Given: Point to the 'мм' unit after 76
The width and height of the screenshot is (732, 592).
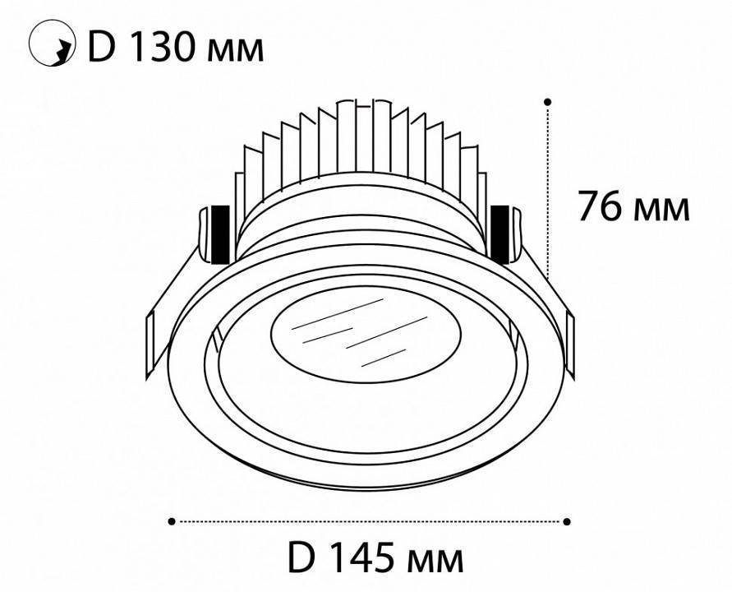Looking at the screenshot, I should [663, 210].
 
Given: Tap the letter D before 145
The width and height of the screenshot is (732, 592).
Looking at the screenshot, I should [302, 559].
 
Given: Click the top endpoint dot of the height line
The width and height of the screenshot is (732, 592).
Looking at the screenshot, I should [548, 103].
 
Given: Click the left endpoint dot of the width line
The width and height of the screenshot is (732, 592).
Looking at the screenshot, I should [171, 520].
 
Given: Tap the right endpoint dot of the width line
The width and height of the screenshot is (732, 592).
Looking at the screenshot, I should [568, 520].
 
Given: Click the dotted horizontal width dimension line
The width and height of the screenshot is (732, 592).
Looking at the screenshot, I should [370, 520].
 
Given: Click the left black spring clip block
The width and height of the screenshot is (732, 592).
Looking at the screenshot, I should [219, 234].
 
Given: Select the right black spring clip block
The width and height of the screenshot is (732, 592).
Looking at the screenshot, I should [500, 233].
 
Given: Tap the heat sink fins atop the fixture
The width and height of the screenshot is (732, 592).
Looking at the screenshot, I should [361, 148].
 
